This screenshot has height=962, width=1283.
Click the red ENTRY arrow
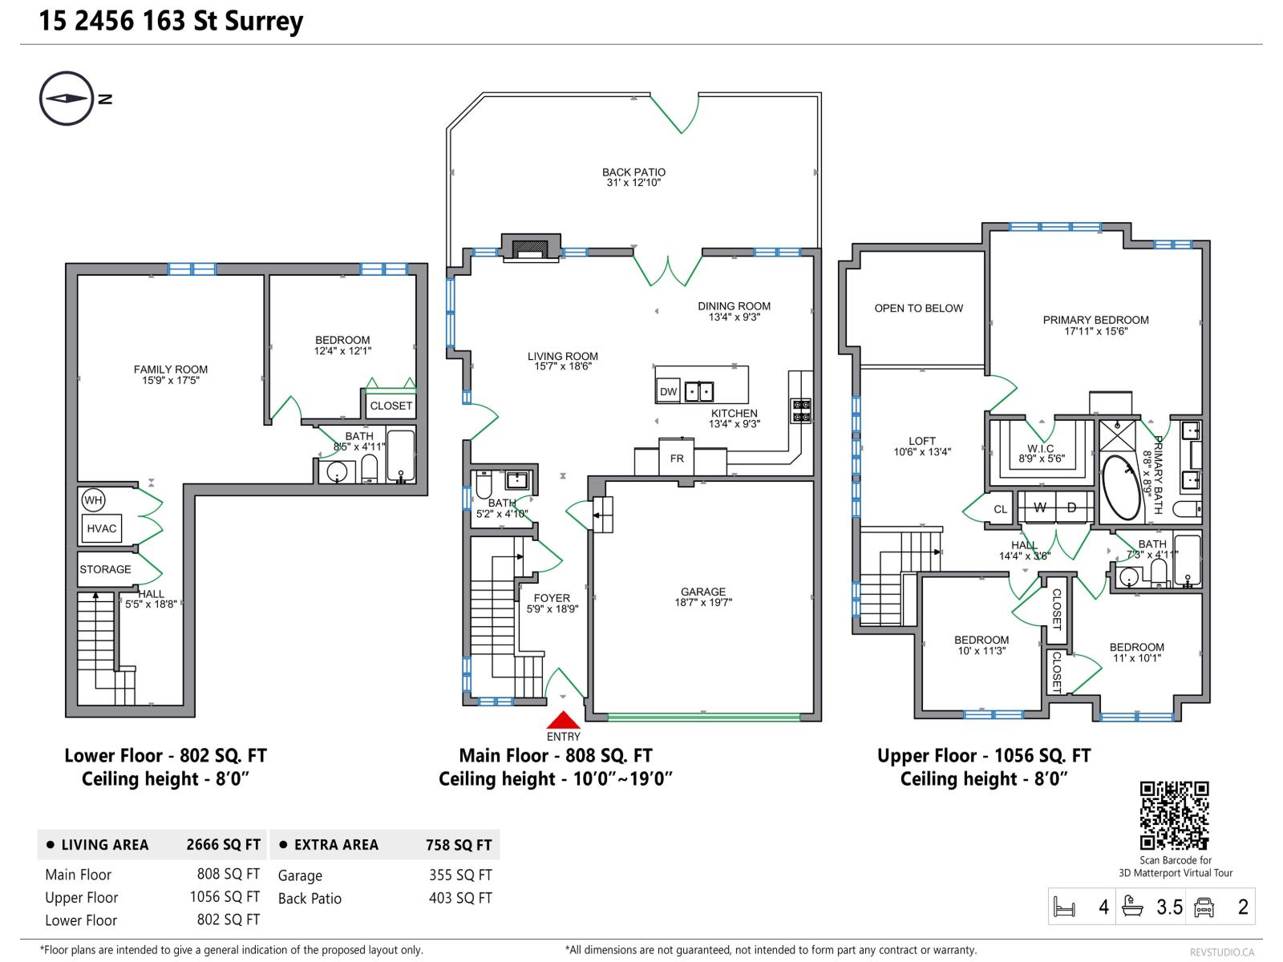562,719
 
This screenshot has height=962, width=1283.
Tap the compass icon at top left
67,98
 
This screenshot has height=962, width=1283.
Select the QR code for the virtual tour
1174,814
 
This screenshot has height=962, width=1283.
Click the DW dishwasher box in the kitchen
668,391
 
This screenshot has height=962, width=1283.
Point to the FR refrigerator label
676,459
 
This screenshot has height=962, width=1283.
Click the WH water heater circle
93,500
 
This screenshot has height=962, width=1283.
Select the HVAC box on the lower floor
102,528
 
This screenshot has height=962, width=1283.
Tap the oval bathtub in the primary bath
1120,487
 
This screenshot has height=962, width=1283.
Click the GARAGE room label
702,592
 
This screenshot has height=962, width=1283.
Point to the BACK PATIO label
633,172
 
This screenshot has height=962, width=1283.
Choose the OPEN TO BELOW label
918,308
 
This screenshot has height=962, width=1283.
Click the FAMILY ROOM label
170,369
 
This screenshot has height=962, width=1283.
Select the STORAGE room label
105,569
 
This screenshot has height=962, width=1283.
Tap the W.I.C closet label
1040,449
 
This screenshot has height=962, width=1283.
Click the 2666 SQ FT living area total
223,845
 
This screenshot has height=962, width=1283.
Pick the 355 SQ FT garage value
460,875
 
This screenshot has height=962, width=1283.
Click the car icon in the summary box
1204,907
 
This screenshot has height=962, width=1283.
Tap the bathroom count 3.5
1169,907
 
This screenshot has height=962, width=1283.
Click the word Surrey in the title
264,22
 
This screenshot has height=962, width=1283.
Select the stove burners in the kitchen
801,410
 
